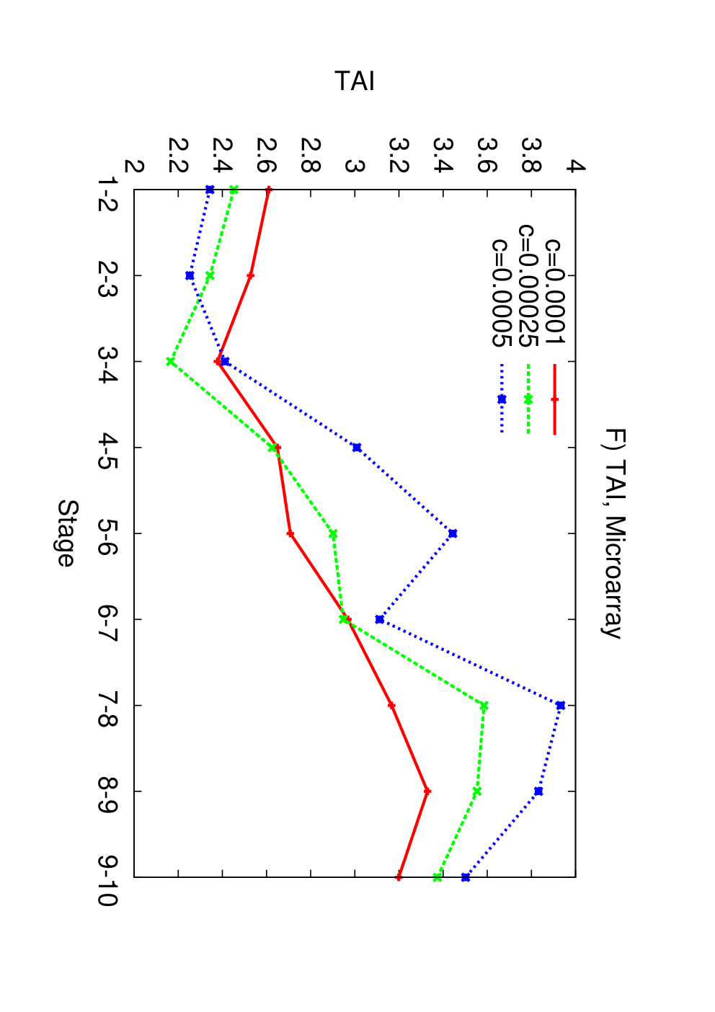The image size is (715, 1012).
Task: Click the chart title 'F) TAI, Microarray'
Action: (613, 533)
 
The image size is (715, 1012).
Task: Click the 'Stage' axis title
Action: (68, 533)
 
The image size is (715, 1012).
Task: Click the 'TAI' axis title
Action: (355, 81)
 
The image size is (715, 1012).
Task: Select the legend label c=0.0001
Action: (555, 291)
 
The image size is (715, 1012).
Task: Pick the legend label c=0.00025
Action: (528, 285)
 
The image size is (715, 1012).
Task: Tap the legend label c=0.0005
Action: (502, 293)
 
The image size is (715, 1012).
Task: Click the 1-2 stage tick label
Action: (108, 194)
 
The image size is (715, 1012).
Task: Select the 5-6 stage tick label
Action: (108, 533)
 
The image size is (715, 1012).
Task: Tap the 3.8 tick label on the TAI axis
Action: (531, 156)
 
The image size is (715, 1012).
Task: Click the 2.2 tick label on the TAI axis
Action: (178, 156)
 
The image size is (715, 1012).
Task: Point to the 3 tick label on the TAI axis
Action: (355, 167)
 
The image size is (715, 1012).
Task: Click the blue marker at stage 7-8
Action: (561, 706)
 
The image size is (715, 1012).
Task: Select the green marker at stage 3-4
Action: (171, 361)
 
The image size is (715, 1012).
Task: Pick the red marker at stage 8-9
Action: (427, 791)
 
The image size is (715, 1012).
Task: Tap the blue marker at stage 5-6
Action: (453, 533)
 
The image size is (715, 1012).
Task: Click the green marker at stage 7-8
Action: (484, 706)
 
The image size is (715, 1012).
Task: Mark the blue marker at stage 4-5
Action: (357, 448)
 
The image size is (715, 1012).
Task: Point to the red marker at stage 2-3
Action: (251, 275)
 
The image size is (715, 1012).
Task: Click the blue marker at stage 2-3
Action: (190, 275)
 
